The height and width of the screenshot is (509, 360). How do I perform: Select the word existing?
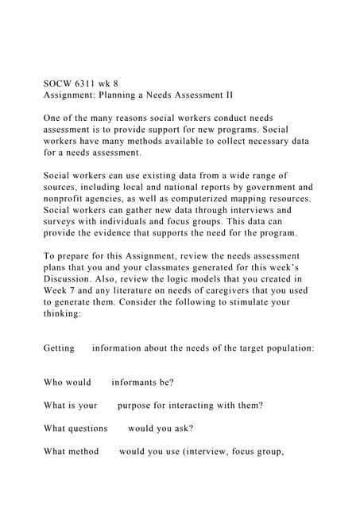159,175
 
